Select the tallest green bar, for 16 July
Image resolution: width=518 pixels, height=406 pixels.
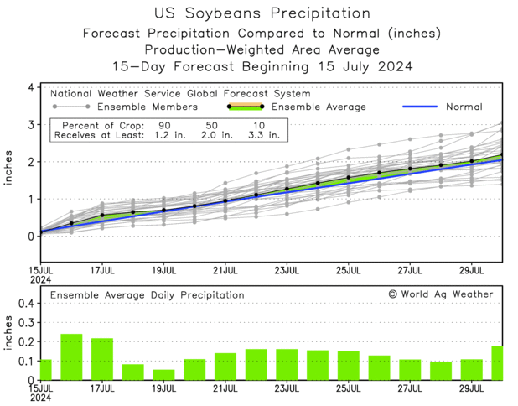(71, 357)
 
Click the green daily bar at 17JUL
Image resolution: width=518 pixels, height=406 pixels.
(102, 359)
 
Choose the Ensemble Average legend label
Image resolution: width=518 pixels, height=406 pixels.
(319, 107)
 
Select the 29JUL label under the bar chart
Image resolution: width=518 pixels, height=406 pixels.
(472, 388)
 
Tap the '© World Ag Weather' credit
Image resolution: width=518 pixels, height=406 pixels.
(441, 294)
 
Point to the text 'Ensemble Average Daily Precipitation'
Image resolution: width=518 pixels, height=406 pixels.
(147, 295)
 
